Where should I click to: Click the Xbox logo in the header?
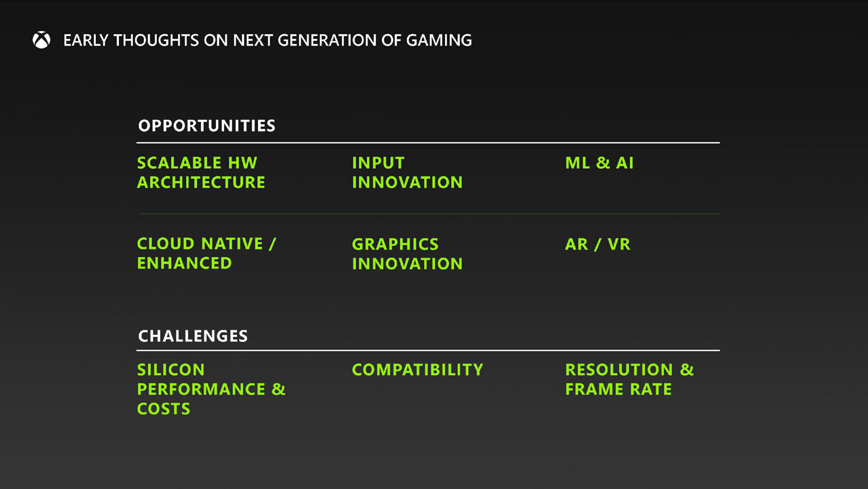(41, 40)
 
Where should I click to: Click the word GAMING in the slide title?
(439, 40)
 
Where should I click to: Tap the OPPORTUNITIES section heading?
(207, 126)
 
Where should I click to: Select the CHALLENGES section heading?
(193, 336)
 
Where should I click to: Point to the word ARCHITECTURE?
(201, 182)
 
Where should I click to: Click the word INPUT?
(378, 163)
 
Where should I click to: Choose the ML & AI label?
(599, 163)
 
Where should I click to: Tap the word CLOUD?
(165, 244)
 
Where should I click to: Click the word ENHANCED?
(184, 263)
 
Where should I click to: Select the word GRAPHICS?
(395, 244)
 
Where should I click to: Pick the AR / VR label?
(597, 244)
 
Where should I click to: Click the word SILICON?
(171, 370)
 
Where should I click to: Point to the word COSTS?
(164, 409)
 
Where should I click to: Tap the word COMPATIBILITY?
(417, 370)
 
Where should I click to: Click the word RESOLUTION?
(619, 370)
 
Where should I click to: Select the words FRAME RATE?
(618, 389)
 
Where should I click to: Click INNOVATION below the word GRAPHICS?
(407, 264)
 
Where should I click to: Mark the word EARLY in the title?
(85, 40)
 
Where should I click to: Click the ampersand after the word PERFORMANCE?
(278, 389)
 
